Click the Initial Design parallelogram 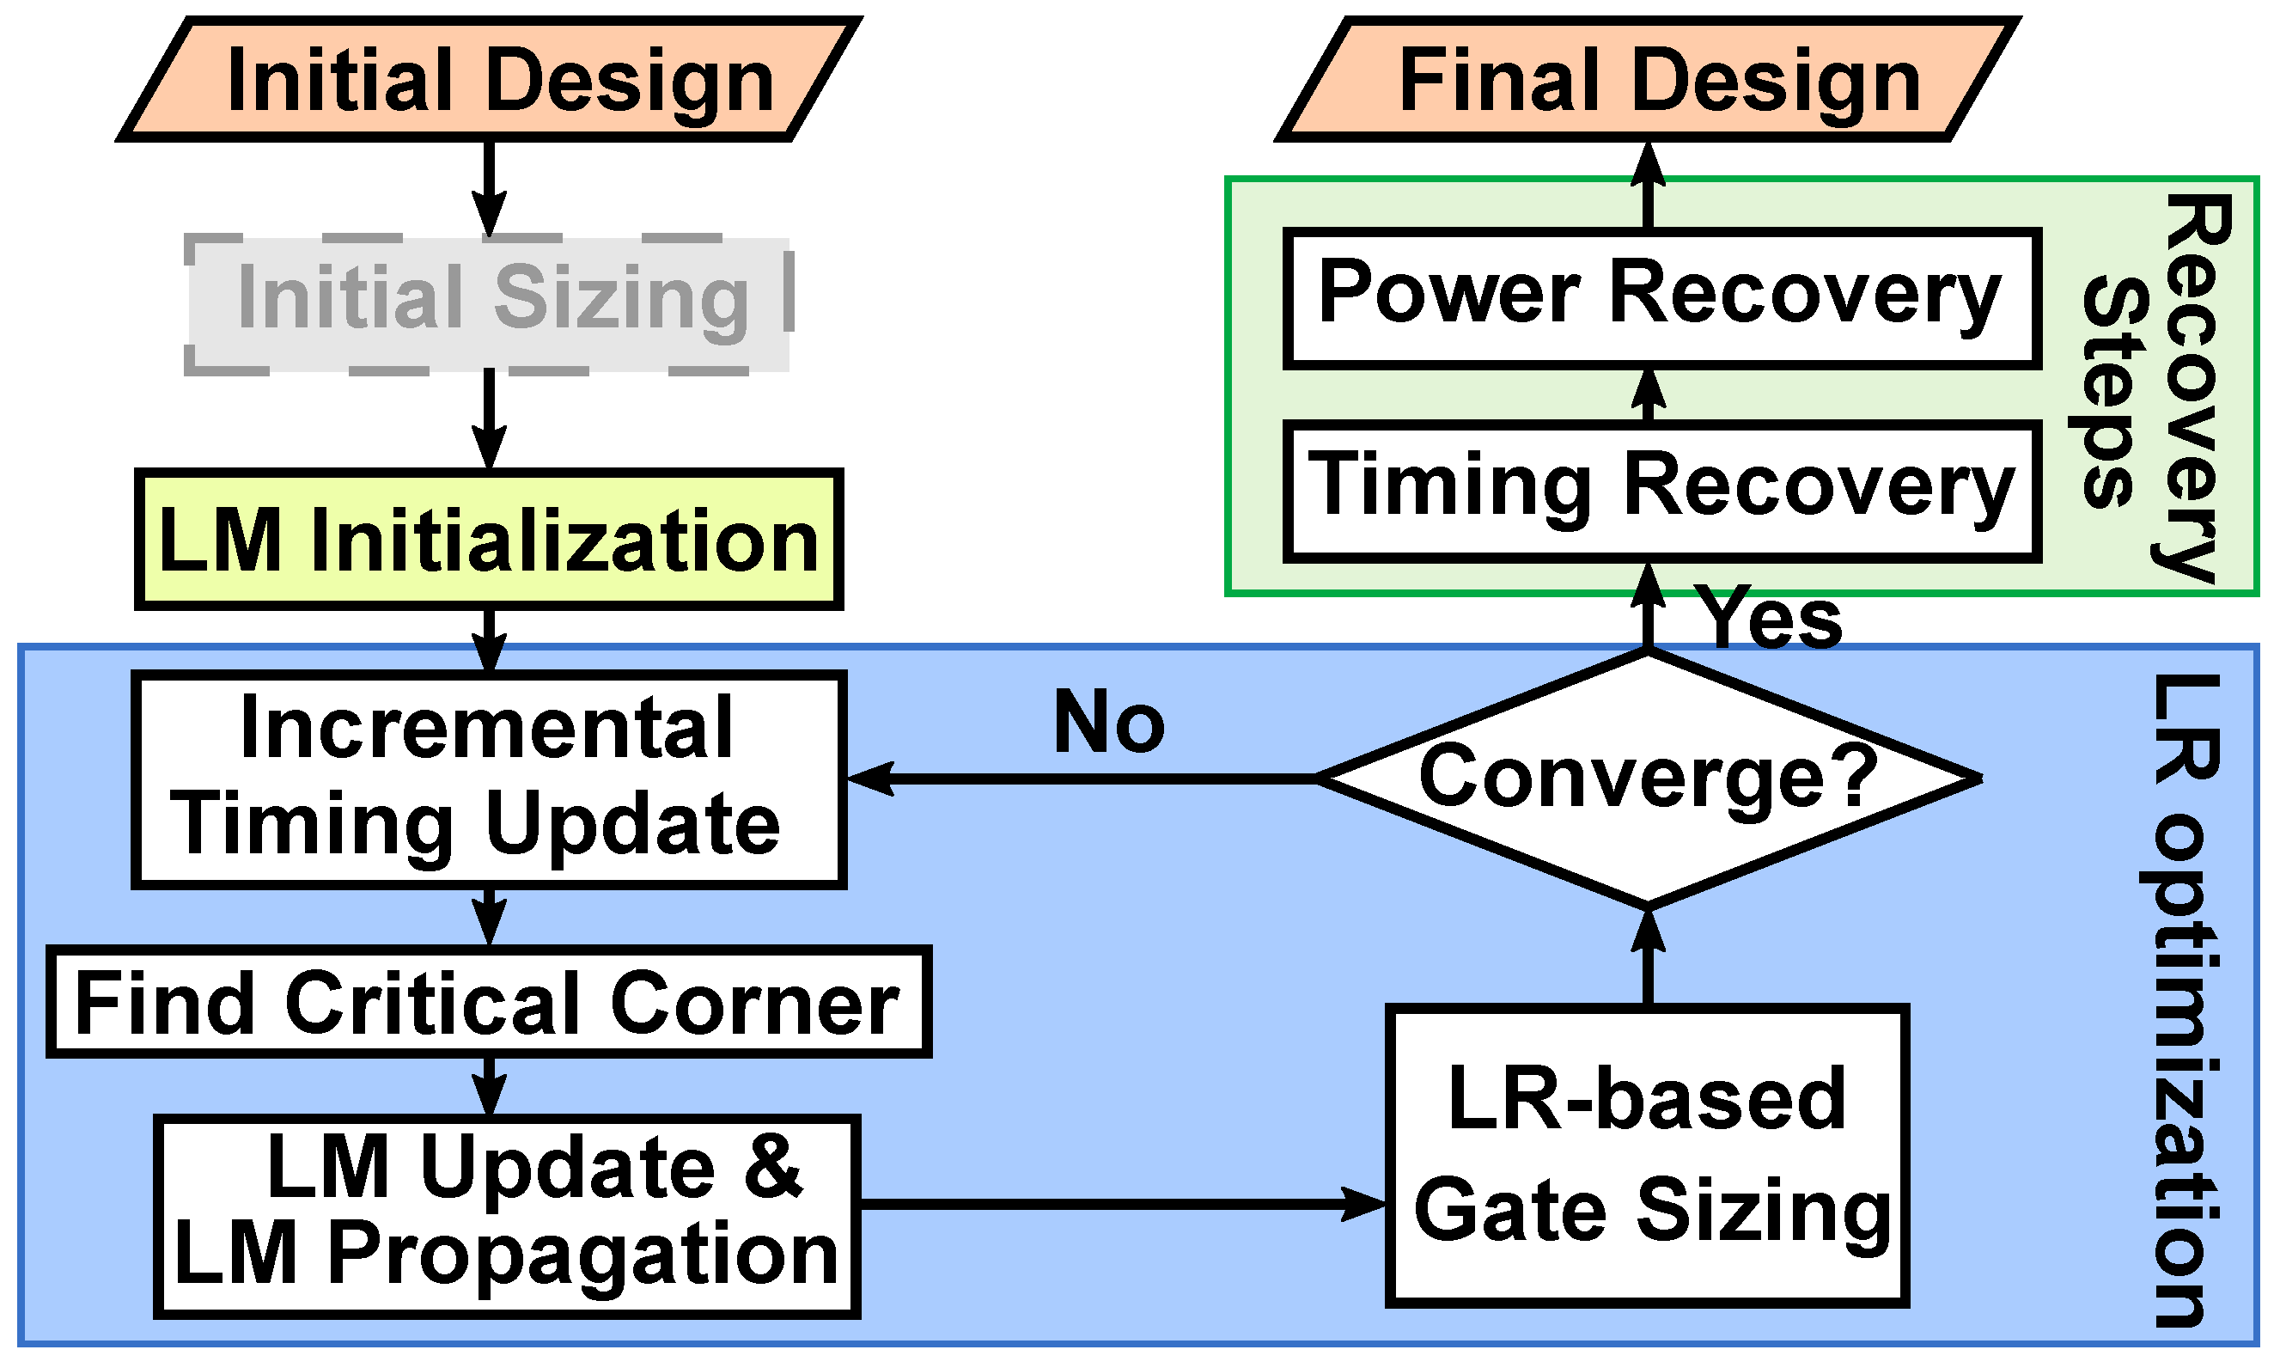489,80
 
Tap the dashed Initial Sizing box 489,304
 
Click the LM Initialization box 489,540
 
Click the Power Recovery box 1661,299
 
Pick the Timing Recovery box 1661,491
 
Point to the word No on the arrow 1109,723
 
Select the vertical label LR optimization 2184,1000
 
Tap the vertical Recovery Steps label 2156,388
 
